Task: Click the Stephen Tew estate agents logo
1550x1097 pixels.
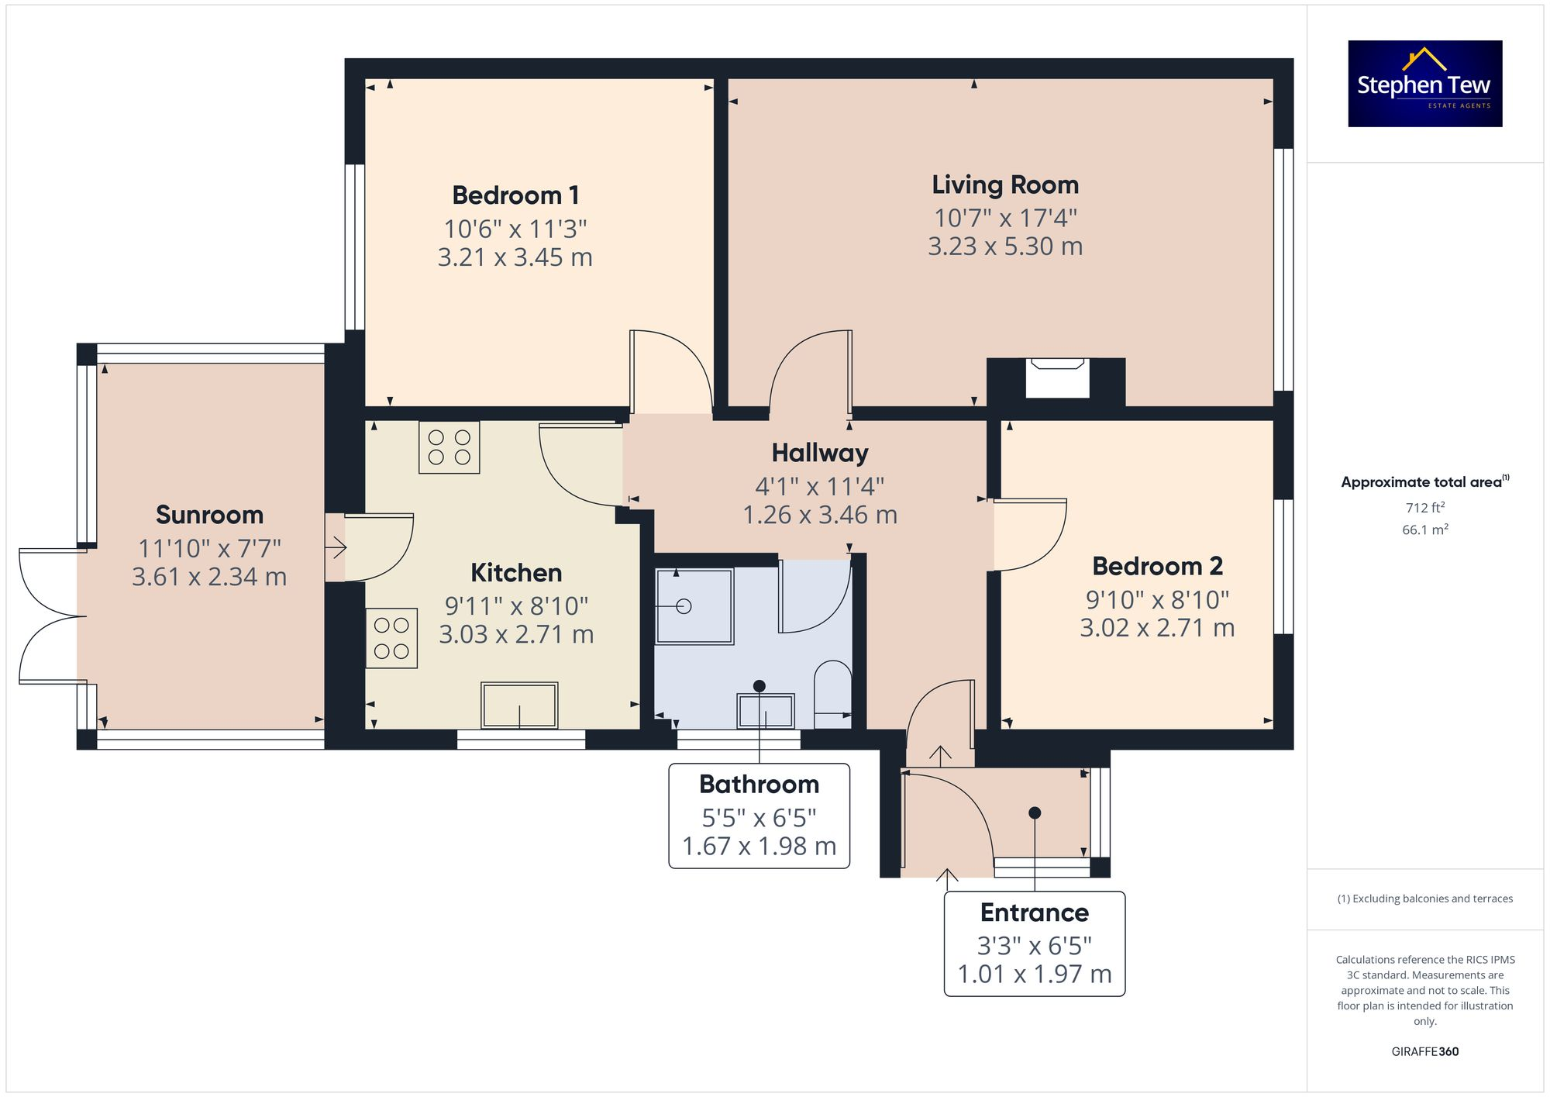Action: (x=1424, y=84)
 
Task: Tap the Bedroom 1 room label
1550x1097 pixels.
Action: (x=515, y=195)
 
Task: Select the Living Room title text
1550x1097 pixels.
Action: (x=1004, y=185)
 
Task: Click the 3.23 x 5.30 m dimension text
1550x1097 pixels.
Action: (x=1004, y=247)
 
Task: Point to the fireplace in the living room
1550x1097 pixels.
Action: (x=1056, y=378)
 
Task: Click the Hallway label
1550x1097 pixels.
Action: (x=820, y=453)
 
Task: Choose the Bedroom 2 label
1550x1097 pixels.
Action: (x=1157, y=566)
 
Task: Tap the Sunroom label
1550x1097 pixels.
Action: (x=209, y=515)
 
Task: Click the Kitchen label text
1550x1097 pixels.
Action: (x=516, y=573)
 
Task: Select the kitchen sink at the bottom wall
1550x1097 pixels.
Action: (x=519, y=705)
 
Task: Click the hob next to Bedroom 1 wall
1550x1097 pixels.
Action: (x=449, y=447)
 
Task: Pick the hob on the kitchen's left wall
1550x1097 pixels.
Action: (x=391, y=638)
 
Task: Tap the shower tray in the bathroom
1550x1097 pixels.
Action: (x=694, y=606)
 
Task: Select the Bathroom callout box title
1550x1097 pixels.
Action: (x=759, y=785)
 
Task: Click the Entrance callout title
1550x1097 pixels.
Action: (x=1034, y=912)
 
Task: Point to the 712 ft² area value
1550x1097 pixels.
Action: (x=1424, y=508)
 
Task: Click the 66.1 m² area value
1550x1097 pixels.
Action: (x=1424, y=530)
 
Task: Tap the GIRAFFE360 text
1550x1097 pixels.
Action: (x=1424, y=1051)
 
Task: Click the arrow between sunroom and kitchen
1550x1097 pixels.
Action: (x=336, y=549)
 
